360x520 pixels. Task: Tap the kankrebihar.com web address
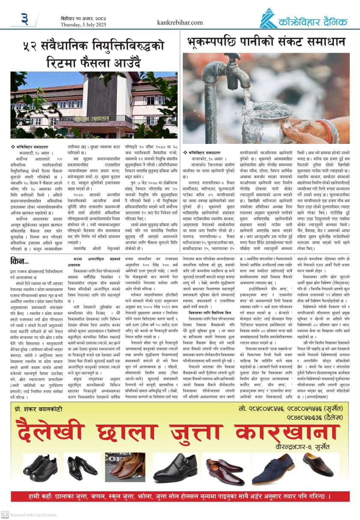[180, 22]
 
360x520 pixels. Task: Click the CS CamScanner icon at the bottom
[5, 514]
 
